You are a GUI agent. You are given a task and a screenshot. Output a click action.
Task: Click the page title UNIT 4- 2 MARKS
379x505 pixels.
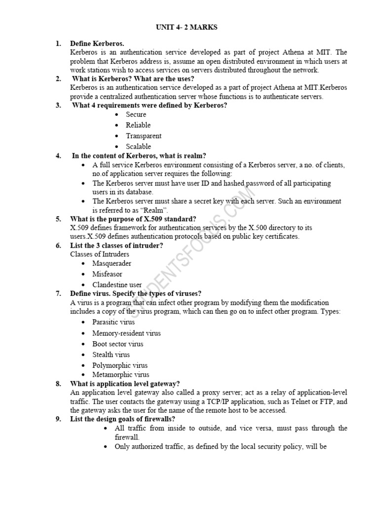[187, 28]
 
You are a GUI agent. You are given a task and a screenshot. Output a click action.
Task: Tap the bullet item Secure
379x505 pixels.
[136, 114]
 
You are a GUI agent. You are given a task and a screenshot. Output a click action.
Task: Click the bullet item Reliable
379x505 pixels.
[138, 125]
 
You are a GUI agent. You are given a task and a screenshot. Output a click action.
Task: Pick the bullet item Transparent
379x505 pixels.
[144, 136]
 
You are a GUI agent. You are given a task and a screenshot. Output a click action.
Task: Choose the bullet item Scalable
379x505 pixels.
[138, 146]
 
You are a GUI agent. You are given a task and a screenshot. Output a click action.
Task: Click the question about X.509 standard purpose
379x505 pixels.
[133, 219]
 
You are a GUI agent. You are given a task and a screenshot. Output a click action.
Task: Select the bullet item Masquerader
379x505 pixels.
[112, 263]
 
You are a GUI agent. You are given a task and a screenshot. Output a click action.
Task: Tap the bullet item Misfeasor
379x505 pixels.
[107, 274]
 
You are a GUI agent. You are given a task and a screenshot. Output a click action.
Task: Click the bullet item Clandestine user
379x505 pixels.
[117, 285]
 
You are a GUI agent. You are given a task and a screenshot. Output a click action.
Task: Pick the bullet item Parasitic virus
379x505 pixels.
[113, 323]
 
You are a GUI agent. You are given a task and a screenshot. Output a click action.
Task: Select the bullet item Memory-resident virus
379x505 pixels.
[126, 333]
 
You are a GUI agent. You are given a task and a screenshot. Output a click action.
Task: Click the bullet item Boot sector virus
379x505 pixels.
[118, 344]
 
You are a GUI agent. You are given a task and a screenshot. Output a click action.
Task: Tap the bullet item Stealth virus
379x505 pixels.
[111, 355]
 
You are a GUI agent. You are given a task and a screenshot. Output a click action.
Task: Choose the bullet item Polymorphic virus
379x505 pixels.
[120, 365]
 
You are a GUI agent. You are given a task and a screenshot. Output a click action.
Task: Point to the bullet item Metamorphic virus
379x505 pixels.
[120, 375]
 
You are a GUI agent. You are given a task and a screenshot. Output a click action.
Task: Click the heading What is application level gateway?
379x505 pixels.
[125, 384]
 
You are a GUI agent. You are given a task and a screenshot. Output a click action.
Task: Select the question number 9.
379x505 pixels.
[58, 419]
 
